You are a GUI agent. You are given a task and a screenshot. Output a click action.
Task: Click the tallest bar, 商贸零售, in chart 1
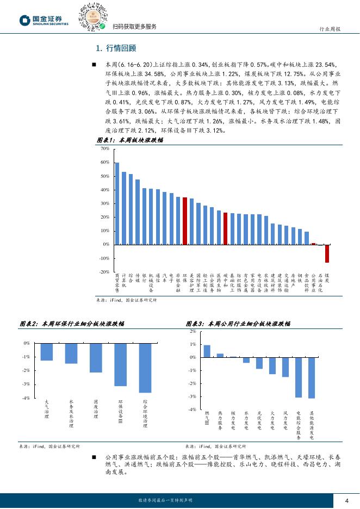tap(117, 203)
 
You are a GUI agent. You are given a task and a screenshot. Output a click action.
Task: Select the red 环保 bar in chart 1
tap(185, 221)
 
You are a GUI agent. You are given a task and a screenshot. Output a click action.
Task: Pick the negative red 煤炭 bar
tap(327, 253)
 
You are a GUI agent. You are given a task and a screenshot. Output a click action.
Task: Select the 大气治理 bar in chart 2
tap(47, 352)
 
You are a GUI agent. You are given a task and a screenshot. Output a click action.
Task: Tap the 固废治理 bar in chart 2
tap(96, 358)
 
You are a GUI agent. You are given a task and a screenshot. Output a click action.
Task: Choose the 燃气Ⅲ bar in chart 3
tap(207, 351)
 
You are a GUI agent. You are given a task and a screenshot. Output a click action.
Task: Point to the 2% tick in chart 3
tap(193, 331)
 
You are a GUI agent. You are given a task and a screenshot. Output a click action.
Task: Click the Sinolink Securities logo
tap(44, 21)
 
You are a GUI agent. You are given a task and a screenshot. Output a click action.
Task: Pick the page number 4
tap(346, 500)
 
